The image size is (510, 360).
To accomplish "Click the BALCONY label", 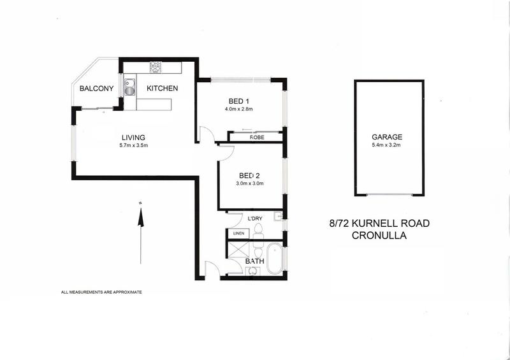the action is coord(97,89).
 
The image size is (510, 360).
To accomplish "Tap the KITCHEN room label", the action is coord(162,88).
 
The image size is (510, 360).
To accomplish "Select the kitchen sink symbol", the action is coord(129,87).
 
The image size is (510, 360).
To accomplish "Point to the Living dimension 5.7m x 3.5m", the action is coord(133,145).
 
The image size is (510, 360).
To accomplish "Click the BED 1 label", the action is coord(238,101).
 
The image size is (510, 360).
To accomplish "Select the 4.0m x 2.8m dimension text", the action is coord(238,109).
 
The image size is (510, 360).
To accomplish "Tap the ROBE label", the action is coord(257,138).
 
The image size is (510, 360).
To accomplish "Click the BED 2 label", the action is coord(249,176).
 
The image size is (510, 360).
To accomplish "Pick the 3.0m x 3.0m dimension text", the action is coord(249,184).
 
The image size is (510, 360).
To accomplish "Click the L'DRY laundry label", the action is coord(255,219).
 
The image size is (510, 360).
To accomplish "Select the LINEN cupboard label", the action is coord(238,233).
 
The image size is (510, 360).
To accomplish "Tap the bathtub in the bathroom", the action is coord(275,260).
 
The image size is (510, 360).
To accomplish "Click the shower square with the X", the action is coord(240,250).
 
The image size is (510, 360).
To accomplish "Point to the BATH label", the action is coord(254,261).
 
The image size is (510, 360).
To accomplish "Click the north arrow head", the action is coord(140,217).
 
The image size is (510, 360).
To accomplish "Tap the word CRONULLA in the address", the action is coord(379,236).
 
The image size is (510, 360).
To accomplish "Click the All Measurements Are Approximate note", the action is coord(101,292).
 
